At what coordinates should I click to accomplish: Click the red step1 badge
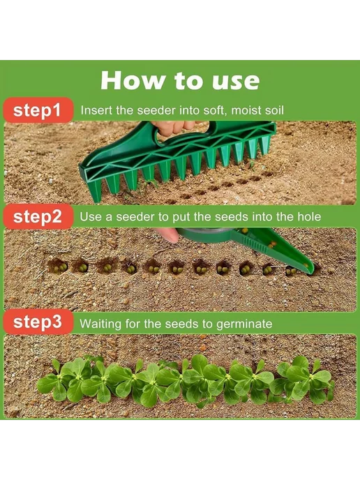click(38, 110)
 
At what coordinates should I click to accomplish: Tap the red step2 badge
click(38, 216)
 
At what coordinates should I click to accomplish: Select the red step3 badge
click(38, 322)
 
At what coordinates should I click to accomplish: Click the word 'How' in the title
click(133, 80)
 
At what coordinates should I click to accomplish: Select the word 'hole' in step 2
click(309, 217)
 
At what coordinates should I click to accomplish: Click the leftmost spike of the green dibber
click(96, 190)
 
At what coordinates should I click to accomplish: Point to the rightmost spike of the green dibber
click(264, 145)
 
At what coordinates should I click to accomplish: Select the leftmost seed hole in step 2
click(57, 267)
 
